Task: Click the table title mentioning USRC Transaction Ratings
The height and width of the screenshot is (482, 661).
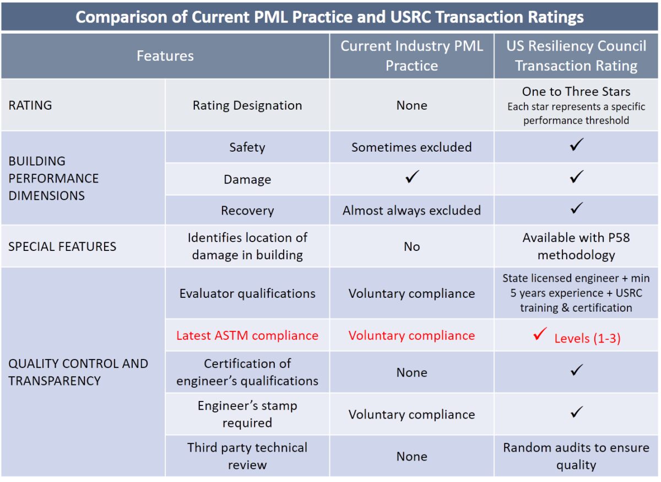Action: click(x=329, y=17)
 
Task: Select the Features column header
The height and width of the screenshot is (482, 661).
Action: click(x=165, y=56)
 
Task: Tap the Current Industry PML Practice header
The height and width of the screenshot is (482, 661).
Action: click(x=411, y=56)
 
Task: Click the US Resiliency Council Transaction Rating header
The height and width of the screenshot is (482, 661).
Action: click(x=576, y=56)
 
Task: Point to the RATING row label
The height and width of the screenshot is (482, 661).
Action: click(x=30, y=105)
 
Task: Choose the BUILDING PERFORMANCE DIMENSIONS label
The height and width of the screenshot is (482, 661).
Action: click(x=53, y=178)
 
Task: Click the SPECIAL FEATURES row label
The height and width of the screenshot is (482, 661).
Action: click(x=62, y=247)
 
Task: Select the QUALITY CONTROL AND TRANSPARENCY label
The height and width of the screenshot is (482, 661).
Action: click(x=78, y=372)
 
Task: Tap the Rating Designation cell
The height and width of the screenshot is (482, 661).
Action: click(x=247, y=105)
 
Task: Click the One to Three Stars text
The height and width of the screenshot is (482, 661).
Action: click(x=576, y=92)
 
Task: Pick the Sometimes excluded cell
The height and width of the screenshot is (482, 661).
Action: click(x=411, y=147)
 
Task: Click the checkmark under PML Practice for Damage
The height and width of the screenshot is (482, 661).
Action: click(x=411, y=177)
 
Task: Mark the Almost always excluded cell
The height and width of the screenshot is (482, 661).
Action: click(x=411, y=210)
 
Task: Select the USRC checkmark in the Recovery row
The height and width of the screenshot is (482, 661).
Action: click(x=576, y=208)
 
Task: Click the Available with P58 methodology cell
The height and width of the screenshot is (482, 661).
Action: click(x=576, y=247)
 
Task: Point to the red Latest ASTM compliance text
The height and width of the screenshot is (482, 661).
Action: click(x=247, y=335)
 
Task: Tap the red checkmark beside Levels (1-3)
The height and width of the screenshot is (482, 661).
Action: click(x=540, y=334)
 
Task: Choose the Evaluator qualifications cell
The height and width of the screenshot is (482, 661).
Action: click(x=247, y=293)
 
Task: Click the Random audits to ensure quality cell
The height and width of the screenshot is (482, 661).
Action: click(x=576, y=456)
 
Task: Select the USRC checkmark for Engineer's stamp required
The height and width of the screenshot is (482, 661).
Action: click(x=576, y=412)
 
